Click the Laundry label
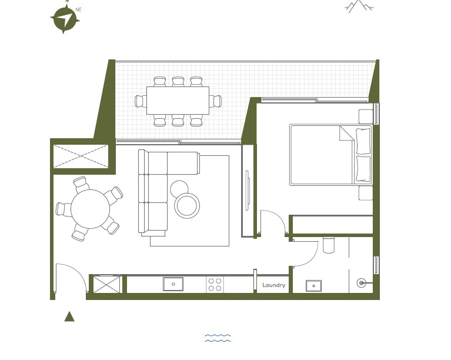click(x=273, y=285)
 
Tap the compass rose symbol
click(x=65, y=19)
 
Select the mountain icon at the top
click(x=359, y=6)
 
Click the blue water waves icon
click(x=218, y=338)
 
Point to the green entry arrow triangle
click(x=69, y=316)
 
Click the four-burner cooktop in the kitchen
click(x=215, y=285)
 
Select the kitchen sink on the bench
click(x=173, y=284)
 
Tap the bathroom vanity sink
click(x=313, y=286)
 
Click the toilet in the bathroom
click(x=329, y=245)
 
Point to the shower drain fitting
click(x=361, y=283)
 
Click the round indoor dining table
click(x=91, y=209)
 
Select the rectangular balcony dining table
click(x=178, y=101)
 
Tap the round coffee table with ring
click(x=187, y=205)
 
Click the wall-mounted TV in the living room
click(x=247, y=190)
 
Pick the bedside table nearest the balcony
click(x=366, y=116)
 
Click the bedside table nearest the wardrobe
click(x=366, y=193)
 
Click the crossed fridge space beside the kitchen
click(x=106, y=284)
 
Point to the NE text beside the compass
click(x=79, y=9)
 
